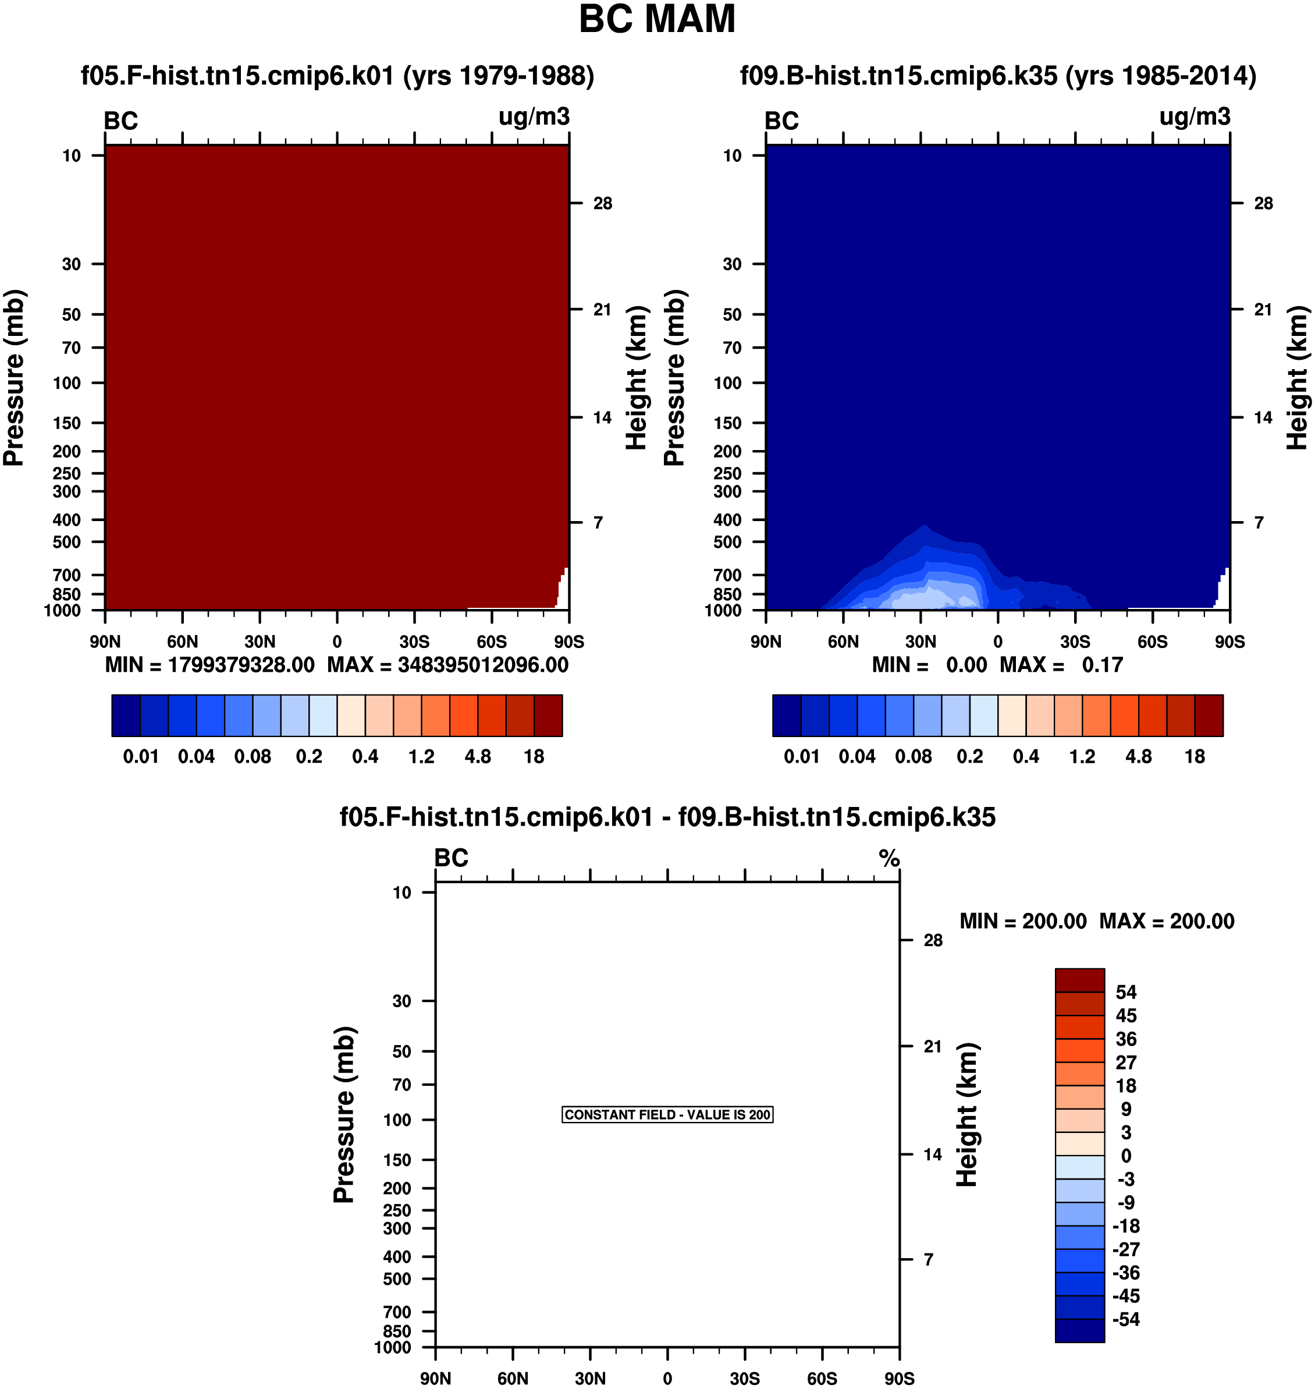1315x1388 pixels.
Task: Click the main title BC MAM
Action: point(657,19)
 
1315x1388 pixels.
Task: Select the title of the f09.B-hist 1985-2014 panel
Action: point(998,76)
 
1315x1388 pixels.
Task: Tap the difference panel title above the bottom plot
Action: point(667,817)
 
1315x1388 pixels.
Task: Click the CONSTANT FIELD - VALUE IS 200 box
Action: point(667,1114)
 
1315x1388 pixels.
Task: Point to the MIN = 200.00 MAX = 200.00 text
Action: point(1097,921)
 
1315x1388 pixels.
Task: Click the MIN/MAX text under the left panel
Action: point(337,665)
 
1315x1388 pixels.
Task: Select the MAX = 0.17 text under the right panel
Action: point(1061,665)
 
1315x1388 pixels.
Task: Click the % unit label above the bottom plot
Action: point(889,858)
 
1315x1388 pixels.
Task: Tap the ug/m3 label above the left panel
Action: point(534,117)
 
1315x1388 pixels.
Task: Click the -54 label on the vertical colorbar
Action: point(1126,1319)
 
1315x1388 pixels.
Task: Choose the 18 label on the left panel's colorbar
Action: point(534,757)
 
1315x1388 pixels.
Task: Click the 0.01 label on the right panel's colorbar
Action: point(801,757)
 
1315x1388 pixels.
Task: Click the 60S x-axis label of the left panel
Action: point(491,642)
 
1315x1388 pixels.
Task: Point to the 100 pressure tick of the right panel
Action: point(727,383)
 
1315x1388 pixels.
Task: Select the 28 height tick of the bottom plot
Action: point(933,940)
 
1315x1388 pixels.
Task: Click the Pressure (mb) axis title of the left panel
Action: point(13,378)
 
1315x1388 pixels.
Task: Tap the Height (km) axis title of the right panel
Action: point(1298,378)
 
